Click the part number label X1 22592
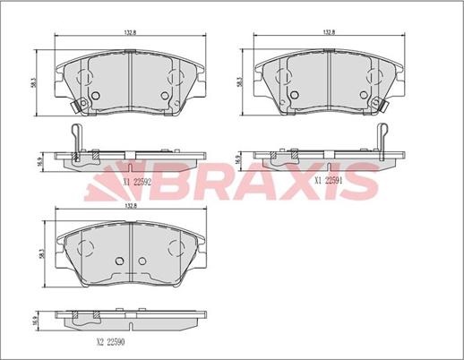136,182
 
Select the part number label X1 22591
329,181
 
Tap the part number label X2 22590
110,342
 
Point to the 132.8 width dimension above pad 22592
130,33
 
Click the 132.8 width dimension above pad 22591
329,32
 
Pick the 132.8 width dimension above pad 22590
131,206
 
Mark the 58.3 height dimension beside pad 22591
239,82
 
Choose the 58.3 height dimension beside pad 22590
41,253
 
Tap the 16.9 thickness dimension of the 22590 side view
35,321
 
